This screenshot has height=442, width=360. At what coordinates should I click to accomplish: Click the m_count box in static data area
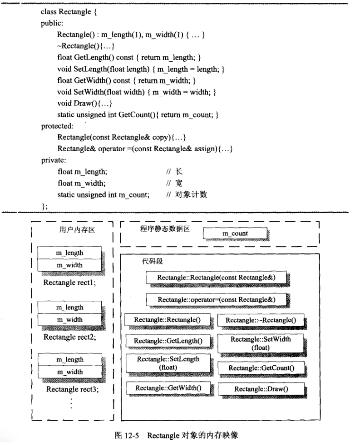[235, 233]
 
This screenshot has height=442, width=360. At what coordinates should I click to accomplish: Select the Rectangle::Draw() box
[261, 389]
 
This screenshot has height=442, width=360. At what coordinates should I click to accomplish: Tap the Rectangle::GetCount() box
[261, 368]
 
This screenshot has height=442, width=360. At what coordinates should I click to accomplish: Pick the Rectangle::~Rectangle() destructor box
[261, 320]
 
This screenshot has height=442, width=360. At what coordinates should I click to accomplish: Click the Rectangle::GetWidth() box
[168, 388]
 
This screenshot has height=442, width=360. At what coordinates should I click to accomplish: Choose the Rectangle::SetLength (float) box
[168, 363]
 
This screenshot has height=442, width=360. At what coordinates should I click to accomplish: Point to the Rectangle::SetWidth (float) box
[261, 343]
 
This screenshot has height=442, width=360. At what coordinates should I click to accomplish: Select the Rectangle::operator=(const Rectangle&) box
[217, 299]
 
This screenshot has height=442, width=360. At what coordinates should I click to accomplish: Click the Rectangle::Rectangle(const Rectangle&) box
[216, 278]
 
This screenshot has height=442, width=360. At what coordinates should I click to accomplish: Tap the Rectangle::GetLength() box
[168, 341]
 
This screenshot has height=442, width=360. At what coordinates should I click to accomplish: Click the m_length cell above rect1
[69, 253]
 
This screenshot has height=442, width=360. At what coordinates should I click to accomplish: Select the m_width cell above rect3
[70, 372]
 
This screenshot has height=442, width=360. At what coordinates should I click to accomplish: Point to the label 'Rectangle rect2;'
[69, 337]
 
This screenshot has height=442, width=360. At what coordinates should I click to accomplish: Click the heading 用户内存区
[77, 230]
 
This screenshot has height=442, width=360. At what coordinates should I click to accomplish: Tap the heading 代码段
[152, 261]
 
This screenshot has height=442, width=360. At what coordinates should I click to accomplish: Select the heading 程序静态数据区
[165, 228]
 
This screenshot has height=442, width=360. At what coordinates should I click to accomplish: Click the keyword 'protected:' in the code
[57, 126]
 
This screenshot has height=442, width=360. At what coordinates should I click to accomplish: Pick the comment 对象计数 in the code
[191, 194]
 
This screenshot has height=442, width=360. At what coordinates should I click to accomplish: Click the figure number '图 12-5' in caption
[127, 436]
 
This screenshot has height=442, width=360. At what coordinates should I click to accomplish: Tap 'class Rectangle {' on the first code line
[69, 12]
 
